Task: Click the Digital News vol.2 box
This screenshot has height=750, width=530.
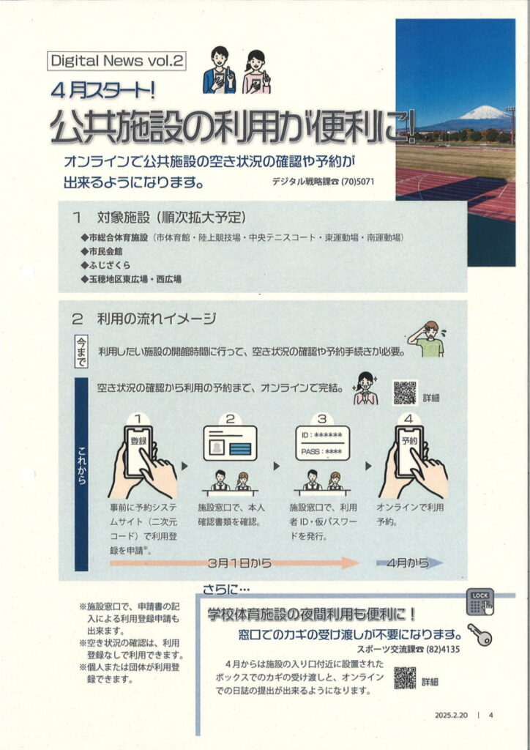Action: (x=116, y=61)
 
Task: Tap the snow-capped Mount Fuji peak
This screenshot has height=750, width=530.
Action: (x=484, y=114)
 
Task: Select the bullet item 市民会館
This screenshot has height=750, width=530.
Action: (x=101, y=251)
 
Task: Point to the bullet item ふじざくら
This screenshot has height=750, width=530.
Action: (x=105, y=265)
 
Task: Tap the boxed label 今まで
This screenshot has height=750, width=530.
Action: (x=81, y=351)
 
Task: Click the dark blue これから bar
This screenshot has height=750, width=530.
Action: (x=82, y=474)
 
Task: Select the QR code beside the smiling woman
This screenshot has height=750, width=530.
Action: (x=405, y=393)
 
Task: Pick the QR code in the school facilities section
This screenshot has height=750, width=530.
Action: (x=405, y=677)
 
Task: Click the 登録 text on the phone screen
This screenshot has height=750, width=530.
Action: (x=138, y=440)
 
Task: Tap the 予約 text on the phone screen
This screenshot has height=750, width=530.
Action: (x=409, y=440)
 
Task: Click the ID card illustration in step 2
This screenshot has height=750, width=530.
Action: (x=231, y=443)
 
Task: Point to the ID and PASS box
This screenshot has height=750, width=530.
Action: (x=323, y=443)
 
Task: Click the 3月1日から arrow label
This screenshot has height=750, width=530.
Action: (x=240, y=563)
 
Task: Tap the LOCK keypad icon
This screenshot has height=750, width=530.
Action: (x=479, y=602)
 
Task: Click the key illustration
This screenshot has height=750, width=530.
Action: (x=479, y=634)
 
